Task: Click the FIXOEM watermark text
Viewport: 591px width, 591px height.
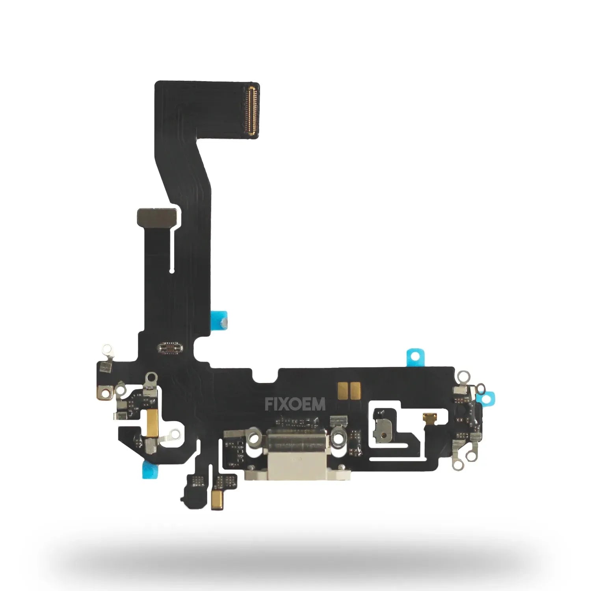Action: click(x=295, y=404)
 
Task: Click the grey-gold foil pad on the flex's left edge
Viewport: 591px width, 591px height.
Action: click(x=154, y=216)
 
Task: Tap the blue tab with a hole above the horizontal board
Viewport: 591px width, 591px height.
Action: click(x=413, y=356)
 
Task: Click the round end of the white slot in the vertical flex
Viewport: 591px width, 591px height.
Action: click(x=172, y=271)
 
